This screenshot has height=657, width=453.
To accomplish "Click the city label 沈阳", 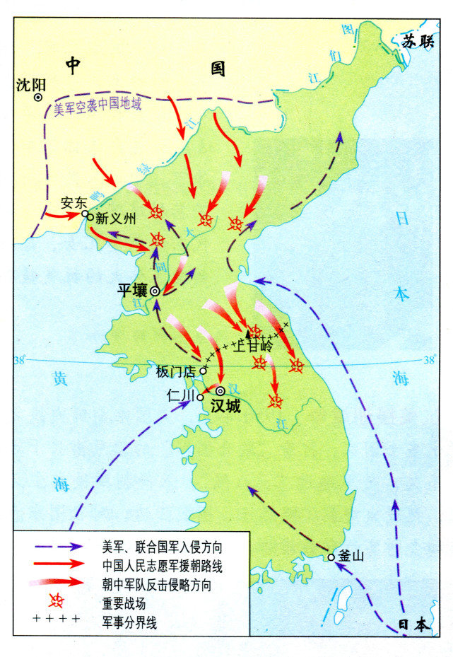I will (30, 85).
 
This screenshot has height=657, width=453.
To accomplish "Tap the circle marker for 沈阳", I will (39, 98).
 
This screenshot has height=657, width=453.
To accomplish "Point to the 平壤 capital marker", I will (155, 291).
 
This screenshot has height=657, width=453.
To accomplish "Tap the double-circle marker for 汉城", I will (220, 390).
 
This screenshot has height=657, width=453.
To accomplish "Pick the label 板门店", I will (175, 371).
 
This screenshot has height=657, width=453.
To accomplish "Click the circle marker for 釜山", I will (331, 557).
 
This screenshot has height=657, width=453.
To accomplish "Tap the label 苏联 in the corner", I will (417, 42).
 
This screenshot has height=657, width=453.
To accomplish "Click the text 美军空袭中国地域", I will (98, 107).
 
